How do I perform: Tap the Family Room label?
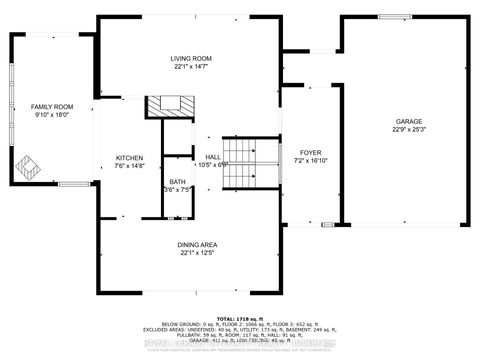[48, 106]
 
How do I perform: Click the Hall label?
[213, 157]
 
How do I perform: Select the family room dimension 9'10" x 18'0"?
[48, 114]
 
